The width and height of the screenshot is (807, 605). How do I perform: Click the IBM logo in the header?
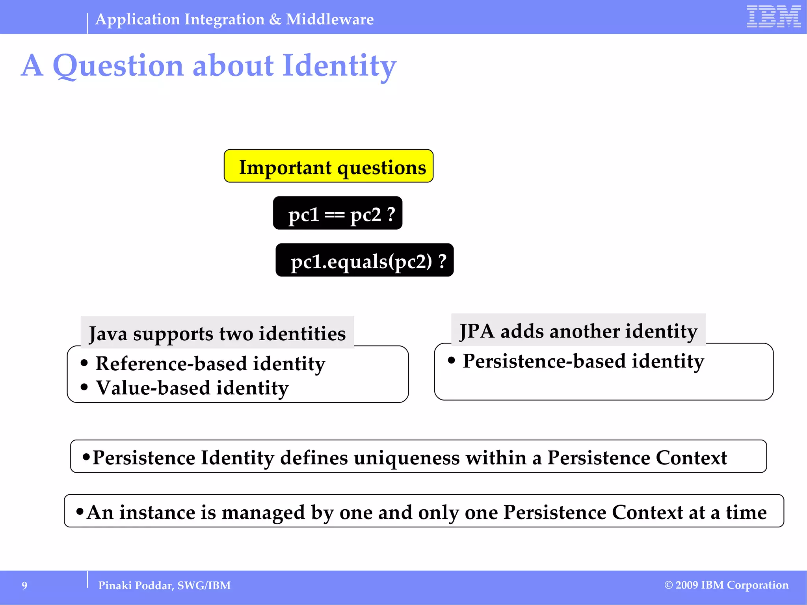coord(774,17)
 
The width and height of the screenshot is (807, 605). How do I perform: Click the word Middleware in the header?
coord(330,19)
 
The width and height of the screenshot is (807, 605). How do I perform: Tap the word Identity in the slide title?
coord(339,66)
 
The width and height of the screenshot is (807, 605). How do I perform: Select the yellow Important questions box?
coord(329,166)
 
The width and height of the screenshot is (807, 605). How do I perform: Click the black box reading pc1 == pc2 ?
coord(338,213)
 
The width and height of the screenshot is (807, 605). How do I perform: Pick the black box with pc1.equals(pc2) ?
coord(364,260)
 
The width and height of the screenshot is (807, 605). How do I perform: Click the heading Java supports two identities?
coord(217,333)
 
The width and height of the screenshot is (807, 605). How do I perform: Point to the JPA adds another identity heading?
coord(578,330)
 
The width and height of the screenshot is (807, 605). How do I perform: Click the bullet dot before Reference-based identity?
coord(84,363)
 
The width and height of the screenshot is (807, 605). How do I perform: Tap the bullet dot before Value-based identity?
coord(84,388)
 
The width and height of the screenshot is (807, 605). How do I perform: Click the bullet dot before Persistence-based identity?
coord(452,360)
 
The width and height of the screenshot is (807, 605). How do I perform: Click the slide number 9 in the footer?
coord(24,586)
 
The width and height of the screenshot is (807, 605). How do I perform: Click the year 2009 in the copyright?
coord(687,585)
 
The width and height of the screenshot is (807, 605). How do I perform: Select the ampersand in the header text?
coord(275,19)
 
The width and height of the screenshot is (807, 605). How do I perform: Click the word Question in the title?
coord(118,66)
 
